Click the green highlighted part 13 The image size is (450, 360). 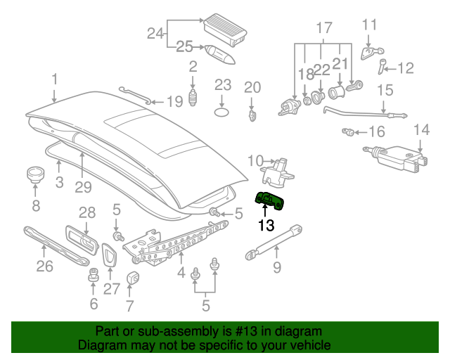click(x=272, y=202)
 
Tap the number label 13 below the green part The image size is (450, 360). click(x=266, y=226)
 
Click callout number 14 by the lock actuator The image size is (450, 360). click(x=420, y=129)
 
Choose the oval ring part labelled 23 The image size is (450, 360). click(x=222, y=112)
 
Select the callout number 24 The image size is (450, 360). click(x=155, y=32)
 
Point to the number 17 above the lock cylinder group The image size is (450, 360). click(x=323, y=28)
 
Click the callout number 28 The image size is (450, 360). click(x=86, y=212)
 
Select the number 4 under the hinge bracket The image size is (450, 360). click(x=181, y=272)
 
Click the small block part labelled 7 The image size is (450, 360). click(x=132, y=278)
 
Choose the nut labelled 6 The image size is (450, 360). click(x=92, y=280)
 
